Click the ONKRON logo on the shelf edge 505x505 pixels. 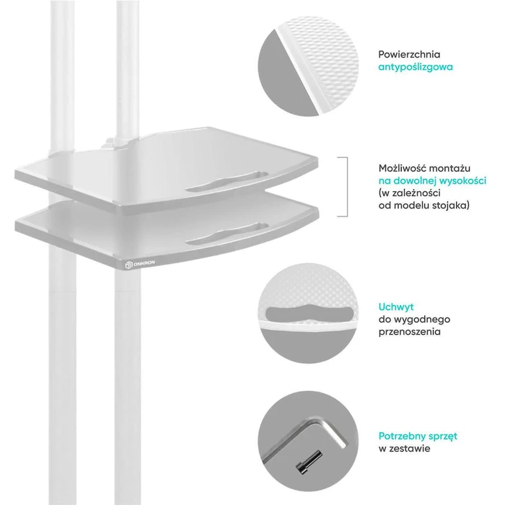pyautogui.click(x=140, y=264)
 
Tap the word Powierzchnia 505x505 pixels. pyautogui.click(x=409, y=54)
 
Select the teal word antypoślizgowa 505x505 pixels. pyautogui.click(x=416, y=67)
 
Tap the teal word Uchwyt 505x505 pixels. pyautogui.click(x=396, y=307)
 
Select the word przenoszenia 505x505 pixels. pyautogui.click(x=409, y=332)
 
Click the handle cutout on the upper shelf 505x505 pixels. pyautogui.click(x=227, y=181)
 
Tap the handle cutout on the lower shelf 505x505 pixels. pyautogui.click(x=227, y=233)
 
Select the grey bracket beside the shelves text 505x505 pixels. pyautogui.click(x=347, y=187)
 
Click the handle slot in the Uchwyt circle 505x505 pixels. pyautogui.click(x=309, y=313)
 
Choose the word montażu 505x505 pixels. pyautogui.click(x=450, y=168)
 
